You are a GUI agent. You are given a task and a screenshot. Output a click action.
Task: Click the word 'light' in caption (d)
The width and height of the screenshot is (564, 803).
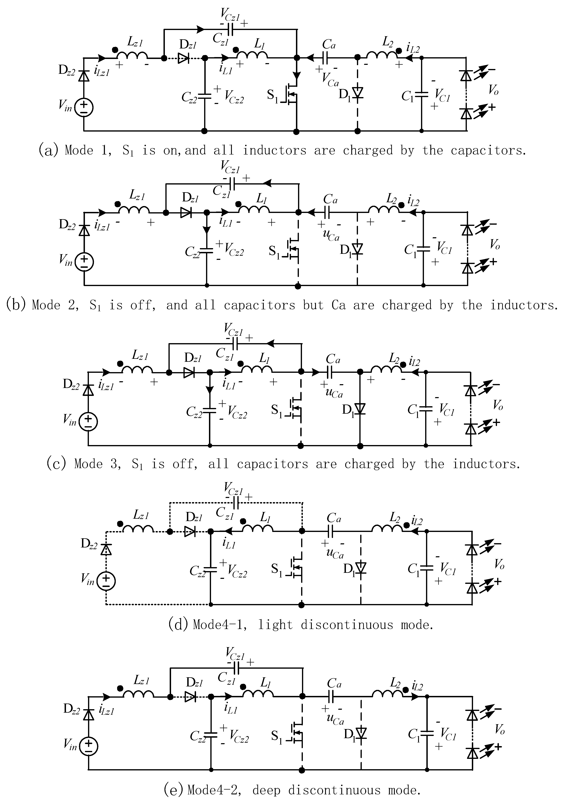point(275,624)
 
